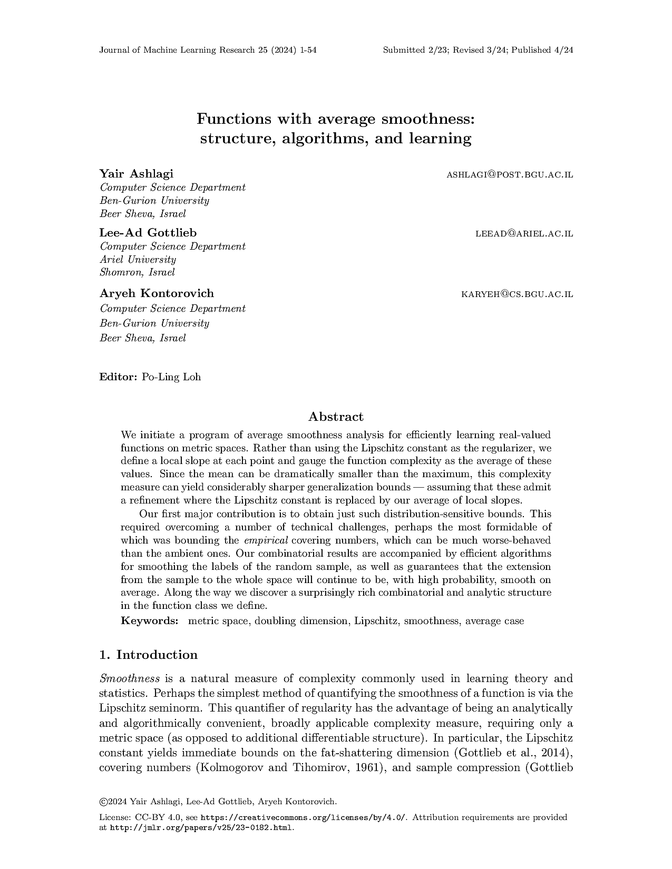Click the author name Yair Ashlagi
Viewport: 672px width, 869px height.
tap(136, 174)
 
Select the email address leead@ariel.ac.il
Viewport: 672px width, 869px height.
tap(524, 233)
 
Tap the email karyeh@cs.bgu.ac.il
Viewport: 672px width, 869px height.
tap(517, 294)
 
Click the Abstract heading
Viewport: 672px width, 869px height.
tap(336, 417)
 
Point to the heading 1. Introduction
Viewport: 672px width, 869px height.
tap(149, 655)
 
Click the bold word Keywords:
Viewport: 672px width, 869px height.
tap(150, 621)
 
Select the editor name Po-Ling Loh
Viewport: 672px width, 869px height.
tap(171, 377)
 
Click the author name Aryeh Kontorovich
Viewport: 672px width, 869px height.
tap(157, 293)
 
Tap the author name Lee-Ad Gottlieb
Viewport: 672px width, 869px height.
tap(148, 233)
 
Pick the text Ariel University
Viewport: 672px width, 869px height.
tap(138, 260)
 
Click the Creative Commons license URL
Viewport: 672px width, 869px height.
tap(304, 817)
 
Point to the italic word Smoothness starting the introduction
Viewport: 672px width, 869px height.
tap(130, 678)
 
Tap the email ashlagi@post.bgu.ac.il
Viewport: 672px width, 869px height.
tap(509, 174)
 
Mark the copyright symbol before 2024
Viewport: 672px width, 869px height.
tap(102, 802)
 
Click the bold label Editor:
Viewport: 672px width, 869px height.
tap(119, 377)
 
